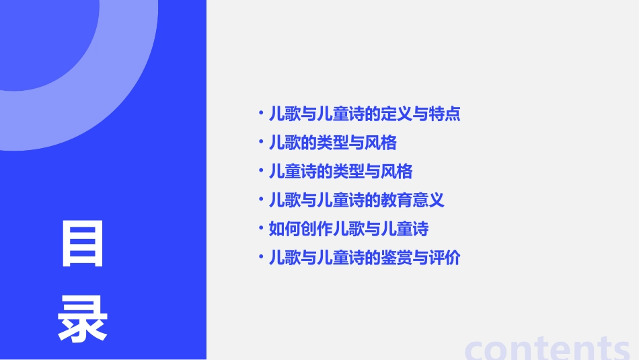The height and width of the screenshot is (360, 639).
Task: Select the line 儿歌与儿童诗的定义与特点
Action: [x=364, y=114]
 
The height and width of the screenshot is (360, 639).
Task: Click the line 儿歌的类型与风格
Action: [x=332, y=143]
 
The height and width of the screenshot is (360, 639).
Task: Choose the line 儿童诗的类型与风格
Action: [x=340, y=172]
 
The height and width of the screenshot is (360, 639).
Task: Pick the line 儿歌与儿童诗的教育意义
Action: [x=356, y=201]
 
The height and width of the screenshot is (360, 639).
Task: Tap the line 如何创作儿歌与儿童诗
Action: [x=348, y=229]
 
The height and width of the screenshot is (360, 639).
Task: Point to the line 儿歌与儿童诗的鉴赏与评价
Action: [x=364, y=258]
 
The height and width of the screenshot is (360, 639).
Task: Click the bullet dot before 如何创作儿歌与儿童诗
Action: [x=261, y=228]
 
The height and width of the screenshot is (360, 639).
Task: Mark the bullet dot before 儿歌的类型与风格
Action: [x=261, y=142]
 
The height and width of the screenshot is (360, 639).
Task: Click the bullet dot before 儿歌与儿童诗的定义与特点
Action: [x=261, y=113]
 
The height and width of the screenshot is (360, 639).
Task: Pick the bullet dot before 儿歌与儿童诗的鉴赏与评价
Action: [x=261, y=257]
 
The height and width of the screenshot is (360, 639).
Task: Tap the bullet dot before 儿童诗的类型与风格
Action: [x=261, y=171]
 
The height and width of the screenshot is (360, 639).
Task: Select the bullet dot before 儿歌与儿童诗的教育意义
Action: [x=261, y=200]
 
